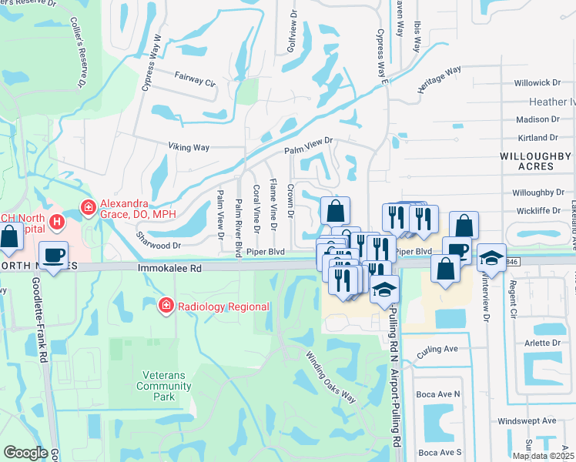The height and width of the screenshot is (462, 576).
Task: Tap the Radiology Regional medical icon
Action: pyautogui.click(x=165, y=306)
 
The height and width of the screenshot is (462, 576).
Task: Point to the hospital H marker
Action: pyautogui.click(x=56, y=222)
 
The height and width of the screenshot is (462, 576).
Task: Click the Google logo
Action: pyautogui.click(x=25, y=453)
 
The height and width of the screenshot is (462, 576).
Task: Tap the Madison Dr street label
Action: pyautogui.click(x=537, y=119)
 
